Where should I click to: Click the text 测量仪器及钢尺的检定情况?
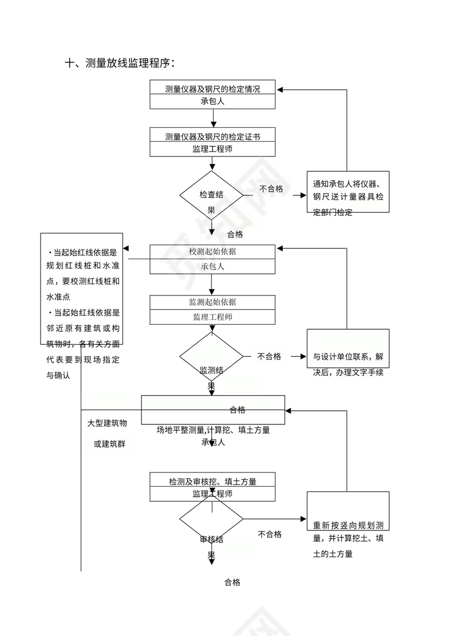pyautogui.click(x=213, y=89)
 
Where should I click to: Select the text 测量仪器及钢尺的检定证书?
pyautogui.click(x=213, y=136)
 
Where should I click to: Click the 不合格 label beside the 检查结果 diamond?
pyautogui.click(x=271, y=189)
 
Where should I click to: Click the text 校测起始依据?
pyautogui.click(x=212, y=252)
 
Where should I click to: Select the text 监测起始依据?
pyautogui.click(x=212, y=302)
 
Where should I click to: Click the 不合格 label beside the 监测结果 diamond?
pyautogui.click(x=269, y=356)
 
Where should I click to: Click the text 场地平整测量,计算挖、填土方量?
pyautogui.click(x=213, y=430)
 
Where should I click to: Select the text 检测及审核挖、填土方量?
pyautogui.click(x=213, y=481)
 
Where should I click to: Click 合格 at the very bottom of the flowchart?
pyautogui.click(x=233, y=582)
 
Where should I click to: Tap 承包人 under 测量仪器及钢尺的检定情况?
pyautogui.click(x=213, y=102)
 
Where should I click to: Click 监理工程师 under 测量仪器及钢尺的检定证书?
pyautogui.click(x=213, y=149)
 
